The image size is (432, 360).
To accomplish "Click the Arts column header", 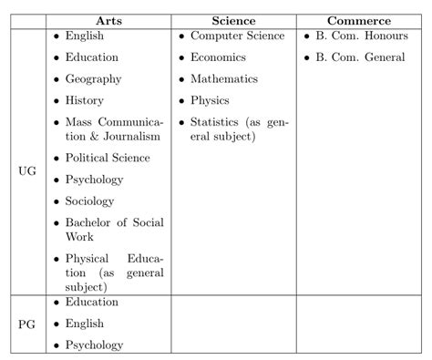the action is tap(110, 21).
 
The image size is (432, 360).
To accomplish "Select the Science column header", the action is tap(234, 21).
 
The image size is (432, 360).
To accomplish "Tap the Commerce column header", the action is tap(359, 21).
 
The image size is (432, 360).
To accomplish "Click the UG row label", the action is tap(27, 170).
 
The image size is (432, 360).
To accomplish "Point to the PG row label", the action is tap(27, 324).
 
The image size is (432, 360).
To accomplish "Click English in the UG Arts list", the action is tap(85, 36).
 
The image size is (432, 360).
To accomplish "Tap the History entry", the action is tap(84, 100).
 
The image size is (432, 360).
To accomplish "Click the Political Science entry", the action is tap(108, 158).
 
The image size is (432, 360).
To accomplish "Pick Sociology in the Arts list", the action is tap(89, 201).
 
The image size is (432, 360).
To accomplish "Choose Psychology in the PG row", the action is tap(94, 345).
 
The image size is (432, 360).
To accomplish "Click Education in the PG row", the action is tap(91, 302).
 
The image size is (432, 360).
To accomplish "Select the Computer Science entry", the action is tap(236, 36).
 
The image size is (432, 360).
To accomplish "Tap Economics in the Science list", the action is tap(218, 57).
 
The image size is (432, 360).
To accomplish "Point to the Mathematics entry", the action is tap(224, 79).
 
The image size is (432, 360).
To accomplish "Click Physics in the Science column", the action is tap(210, 100).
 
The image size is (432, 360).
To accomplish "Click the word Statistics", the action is tap(217, 122).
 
